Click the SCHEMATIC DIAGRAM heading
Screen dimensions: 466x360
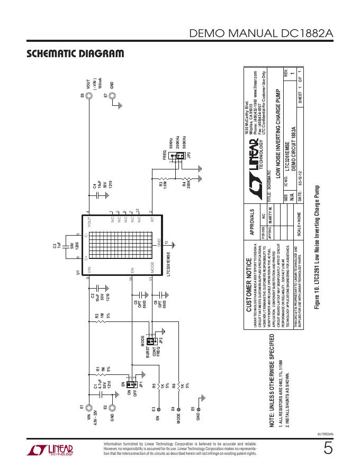pos(75,54)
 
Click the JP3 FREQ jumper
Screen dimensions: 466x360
pos(179,155)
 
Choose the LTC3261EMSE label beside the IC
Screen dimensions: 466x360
pos(168,261)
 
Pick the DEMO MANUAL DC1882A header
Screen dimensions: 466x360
pos(262,34)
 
